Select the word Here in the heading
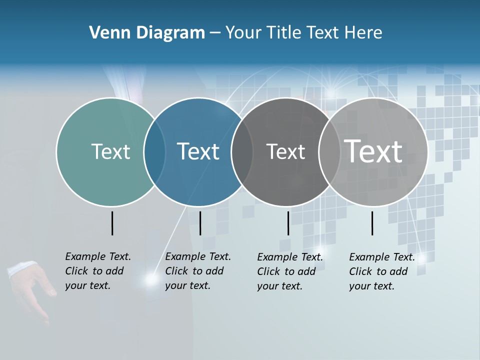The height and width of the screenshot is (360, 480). [363, 33]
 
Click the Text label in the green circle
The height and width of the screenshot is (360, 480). [110, 151]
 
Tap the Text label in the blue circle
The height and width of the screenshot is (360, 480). [198, 151]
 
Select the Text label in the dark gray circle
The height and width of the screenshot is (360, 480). [285, 151]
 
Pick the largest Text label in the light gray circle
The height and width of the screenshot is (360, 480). [373, 151]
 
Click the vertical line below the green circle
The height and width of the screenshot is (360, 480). [112, 223]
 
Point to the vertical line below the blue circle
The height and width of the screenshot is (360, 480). [200, 223]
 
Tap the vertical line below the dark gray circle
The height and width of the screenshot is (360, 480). [288, 223]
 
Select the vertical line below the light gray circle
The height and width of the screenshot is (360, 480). [372, 223]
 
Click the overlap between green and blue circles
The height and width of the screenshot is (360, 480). [154, 152]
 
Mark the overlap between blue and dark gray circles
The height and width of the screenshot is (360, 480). [242, 152]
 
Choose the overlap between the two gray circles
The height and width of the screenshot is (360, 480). [328, 152]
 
